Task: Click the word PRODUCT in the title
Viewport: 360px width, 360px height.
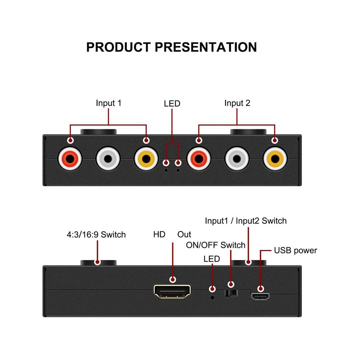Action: click(x=119, y=47)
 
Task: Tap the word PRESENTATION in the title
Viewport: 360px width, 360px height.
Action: click(x=206, y=47)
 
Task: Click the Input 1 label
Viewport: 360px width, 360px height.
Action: click(x=109, y=103)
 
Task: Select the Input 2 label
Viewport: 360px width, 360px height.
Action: click(x=237, y=103)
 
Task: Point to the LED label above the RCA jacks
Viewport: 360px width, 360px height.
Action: click(x=172, y=104)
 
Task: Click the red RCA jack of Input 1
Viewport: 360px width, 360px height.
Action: click(x=70, y=159)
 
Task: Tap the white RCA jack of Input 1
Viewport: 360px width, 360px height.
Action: click(x=108, y=159)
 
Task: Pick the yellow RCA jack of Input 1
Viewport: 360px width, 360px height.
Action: click(x=146, y=159)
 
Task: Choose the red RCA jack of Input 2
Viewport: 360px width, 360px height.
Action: click(x=199, y=159)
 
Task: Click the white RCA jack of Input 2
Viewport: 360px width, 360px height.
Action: click(x=237, y=159)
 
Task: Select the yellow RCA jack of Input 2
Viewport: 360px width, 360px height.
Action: click(x=275, y=159)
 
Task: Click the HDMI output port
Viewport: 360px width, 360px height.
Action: click(x=172, y=292)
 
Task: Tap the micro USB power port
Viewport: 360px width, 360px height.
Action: click(x=260, y=297)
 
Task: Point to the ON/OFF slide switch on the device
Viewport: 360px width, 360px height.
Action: click(x=231, y=293)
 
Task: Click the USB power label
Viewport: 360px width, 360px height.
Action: click(x=296, y=251)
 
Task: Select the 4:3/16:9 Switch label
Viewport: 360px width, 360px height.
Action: click(x=96, y=235)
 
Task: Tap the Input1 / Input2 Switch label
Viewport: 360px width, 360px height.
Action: click(x=246, y=221)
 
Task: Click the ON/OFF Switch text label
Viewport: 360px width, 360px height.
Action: click(x=216, y=245)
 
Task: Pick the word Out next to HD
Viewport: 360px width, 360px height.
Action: click(x=184, y=235)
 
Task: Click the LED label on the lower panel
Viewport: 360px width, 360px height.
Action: click(x=212, y=259)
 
